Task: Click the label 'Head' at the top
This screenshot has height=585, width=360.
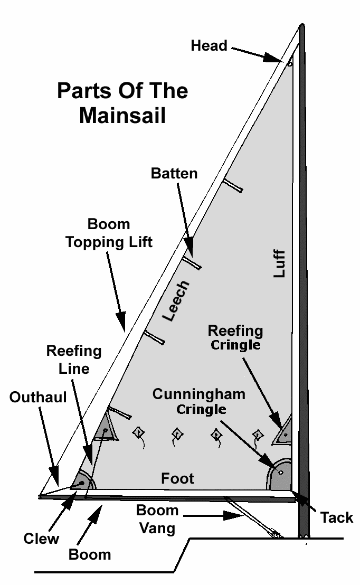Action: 209,46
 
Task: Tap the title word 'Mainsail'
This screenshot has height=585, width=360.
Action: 122,116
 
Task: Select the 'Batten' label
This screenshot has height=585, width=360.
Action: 174,173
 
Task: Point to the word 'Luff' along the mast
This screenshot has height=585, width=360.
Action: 279,263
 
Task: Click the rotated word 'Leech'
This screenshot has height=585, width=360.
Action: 175,301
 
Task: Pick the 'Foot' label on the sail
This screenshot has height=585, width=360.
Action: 177,478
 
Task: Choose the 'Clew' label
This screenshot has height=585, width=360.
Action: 41,538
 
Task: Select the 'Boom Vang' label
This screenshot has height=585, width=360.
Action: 157,518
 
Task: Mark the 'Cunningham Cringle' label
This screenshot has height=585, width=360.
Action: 199,401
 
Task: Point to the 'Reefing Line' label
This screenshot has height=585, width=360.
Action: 74,359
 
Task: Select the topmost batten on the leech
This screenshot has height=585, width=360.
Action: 232,185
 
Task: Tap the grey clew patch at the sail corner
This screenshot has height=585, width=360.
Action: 83,481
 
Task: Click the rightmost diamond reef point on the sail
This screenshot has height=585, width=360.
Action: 258,435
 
